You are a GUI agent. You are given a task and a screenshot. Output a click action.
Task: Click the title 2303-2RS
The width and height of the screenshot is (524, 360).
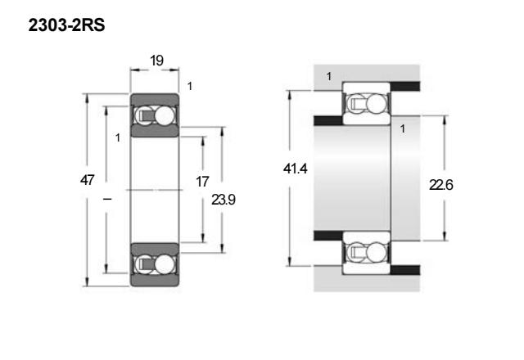[x=66, y=25]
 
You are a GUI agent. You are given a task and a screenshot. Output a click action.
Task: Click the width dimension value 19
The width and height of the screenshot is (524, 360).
[x=156, y=61]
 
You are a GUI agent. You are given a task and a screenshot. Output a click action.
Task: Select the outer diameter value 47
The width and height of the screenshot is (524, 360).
[x=87, y=180]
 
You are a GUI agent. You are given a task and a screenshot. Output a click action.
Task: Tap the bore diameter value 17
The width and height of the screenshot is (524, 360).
[x=202, y=182]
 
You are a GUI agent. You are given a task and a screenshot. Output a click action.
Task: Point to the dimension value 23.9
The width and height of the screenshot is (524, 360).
[x=224, y=200]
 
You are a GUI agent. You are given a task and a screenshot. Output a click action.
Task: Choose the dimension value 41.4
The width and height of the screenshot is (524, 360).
[x=295, y=169]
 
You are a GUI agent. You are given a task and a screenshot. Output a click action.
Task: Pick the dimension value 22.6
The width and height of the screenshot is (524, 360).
[x=440, y=185]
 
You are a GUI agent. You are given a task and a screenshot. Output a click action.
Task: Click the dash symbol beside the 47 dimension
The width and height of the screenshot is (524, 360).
[x=107, y=200]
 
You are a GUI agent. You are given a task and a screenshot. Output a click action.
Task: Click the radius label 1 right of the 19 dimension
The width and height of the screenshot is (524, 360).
[x=190, y=87]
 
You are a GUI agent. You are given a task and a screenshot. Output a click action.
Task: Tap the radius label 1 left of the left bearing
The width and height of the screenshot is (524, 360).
[x=118, y=138]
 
